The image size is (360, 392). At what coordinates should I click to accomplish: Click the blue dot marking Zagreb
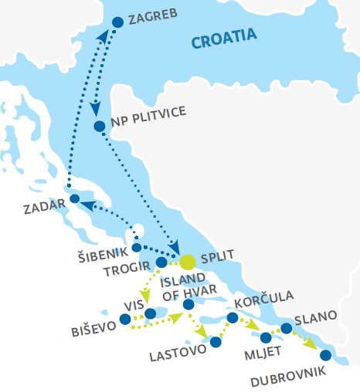tap(117, 22)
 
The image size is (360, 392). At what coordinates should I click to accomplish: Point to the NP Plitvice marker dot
tap(99, 126)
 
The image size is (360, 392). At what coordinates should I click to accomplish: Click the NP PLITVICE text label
tap(149, 113)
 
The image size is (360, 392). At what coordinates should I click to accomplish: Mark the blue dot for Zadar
tap(74, 198)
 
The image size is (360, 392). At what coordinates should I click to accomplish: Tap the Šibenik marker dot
tap(136, 248)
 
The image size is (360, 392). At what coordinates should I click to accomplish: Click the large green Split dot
tap(188, 262)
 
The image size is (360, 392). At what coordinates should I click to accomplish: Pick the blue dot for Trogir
tap(161, 262)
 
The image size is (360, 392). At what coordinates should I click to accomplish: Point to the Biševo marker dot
tap(125, 319)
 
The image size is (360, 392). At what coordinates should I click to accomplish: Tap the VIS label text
tap(134, 305)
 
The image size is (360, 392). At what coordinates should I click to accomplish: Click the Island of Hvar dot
tap(188, 305)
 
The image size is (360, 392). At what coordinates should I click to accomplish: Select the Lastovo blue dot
tap(216, 342)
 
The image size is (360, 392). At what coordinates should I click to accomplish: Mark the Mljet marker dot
tap(266, 337)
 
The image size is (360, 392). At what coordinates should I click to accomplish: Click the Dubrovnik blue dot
tap(325, 355)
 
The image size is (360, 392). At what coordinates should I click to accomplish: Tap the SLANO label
tap(315, 316)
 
